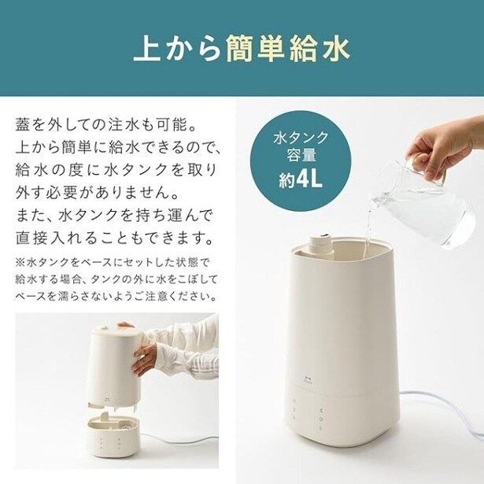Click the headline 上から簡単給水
coord(242,49)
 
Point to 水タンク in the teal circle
coord(301,137)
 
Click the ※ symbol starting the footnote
coord(20,263)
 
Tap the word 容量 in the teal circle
coord(301,155)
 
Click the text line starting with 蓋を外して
coord(106,125)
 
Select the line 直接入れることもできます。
coord(115,238)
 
